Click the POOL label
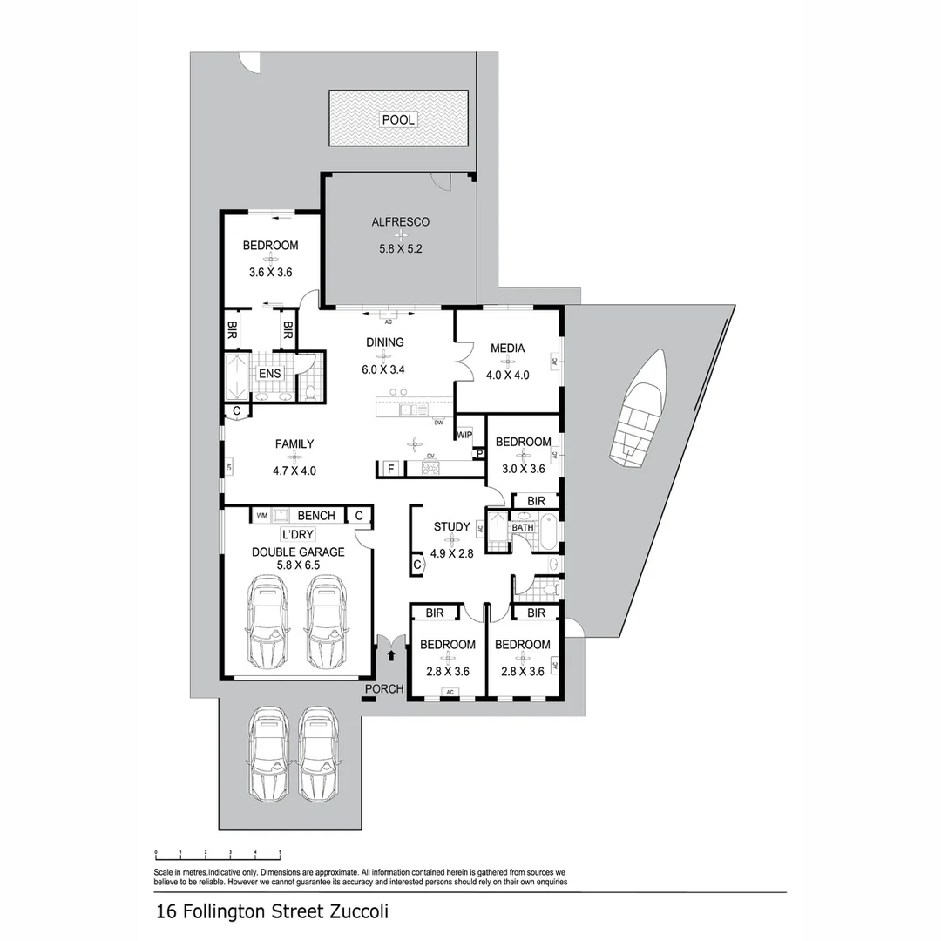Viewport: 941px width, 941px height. click(x=398, y=119)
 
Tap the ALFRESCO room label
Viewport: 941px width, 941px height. click(x=400, y=222)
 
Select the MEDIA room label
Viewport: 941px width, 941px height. click(x=507, y=349)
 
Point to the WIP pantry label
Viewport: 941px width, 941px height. click(x=464, y=434)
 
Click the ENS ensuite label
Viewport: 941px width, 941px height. click(x=269, y=374)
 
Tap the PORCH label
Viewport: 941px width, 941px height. click(x=384, y=689)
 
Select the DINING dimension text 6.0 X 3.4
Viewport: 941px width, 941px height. click(x=384, y=369)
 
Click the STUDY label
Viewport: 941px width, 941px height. click(x=452, y=527)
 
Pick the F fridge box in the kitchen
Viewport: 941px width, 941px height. click(x=391, y=470)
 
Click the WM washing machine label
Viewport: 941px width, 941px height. click(x=261, y=516)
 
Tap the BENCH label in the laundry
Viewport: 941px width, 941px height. click(x=315, y=516)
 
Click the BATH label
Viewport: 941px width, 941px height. click(x=523, y=528)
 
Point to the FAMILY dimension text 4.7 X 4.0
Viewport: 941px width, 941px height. click(x=294, y=470)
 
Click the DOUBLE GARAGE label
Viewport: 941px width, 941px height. click(x=298, y=552)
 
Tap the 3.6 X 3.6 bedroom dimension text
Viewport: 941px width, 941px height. click(x=270, y=272)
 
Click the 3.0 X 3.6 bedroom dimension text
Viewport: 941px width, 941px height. click(x=523, y=468)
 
